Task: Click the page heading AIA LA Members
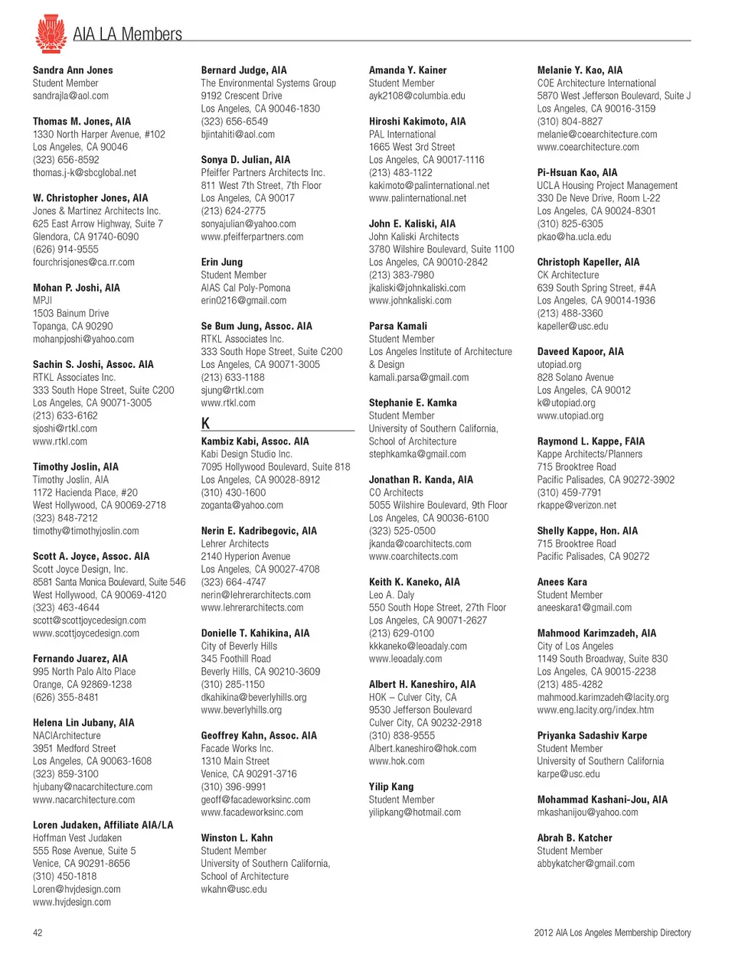coord(127,34)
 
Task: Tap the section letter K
coord(205,423)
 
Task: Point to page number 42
coord(38,933)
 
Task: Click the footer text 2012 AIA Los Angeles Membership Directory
coord(612,933)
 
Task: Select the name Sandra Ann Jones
coord(73,70)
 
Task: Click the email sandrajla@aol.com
coord(70,96)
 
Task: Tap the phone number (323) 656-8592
coord(66,160)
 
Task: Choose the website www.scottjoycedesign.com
coord(86,633)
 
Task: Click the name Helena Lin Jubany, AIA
coord(83,723)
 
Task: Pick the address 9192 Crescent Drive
coord(241,96)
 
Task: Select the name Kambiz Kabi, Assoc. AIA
coord(255,441)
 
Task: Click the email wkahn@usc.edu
coord(234,889)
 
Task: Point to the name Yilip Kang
coord(391,786)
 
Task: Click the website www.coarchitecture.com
coord(587,147)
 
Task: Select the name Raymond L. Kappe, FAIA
coord(590,441)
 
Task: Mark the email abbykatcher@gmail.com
coord(586,864)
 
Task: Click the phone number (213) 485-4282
coord(570,685)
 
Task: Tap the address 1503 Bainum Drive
coord(70,313)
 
